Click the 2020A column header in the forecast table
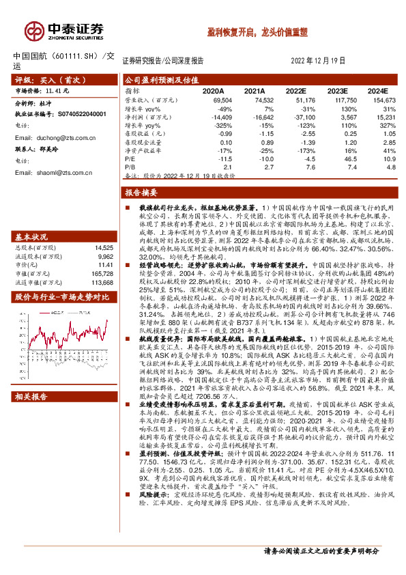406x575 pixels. point(213,90)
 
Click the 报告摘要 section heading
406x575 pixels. point(141,193)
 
